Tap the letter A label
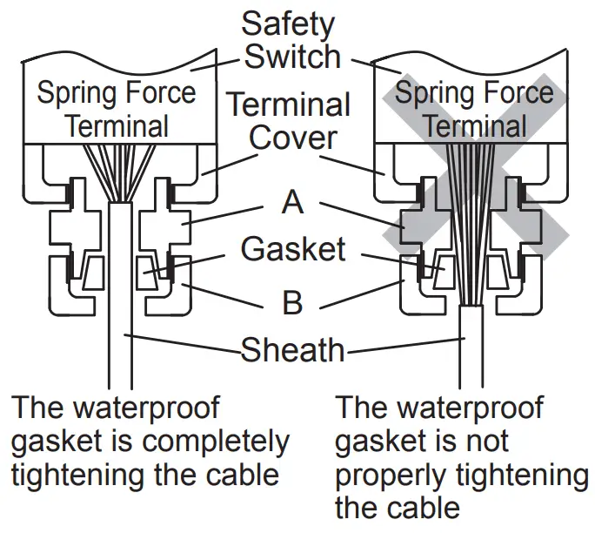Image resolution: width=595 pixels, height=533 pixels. (x=293, y=202)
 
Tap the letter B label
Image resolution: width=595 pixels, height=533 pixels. (x=293, y=302)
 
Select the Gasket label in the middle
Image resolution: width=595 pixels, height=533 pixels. (x=293, y=249)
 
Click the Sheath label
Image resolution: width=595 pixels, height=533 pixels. (x=292, y=350)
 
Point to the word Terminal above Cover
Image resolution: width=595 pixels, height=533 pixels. (x=289, y=105)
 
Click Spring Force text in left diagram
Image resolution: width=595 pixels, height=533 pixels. (x=116, y=93)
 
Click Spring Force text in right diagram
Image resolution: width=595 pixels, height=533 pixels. (x=474, y=93)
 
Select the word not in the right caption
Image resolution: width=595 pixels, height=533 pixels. (x=493, y=442)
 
